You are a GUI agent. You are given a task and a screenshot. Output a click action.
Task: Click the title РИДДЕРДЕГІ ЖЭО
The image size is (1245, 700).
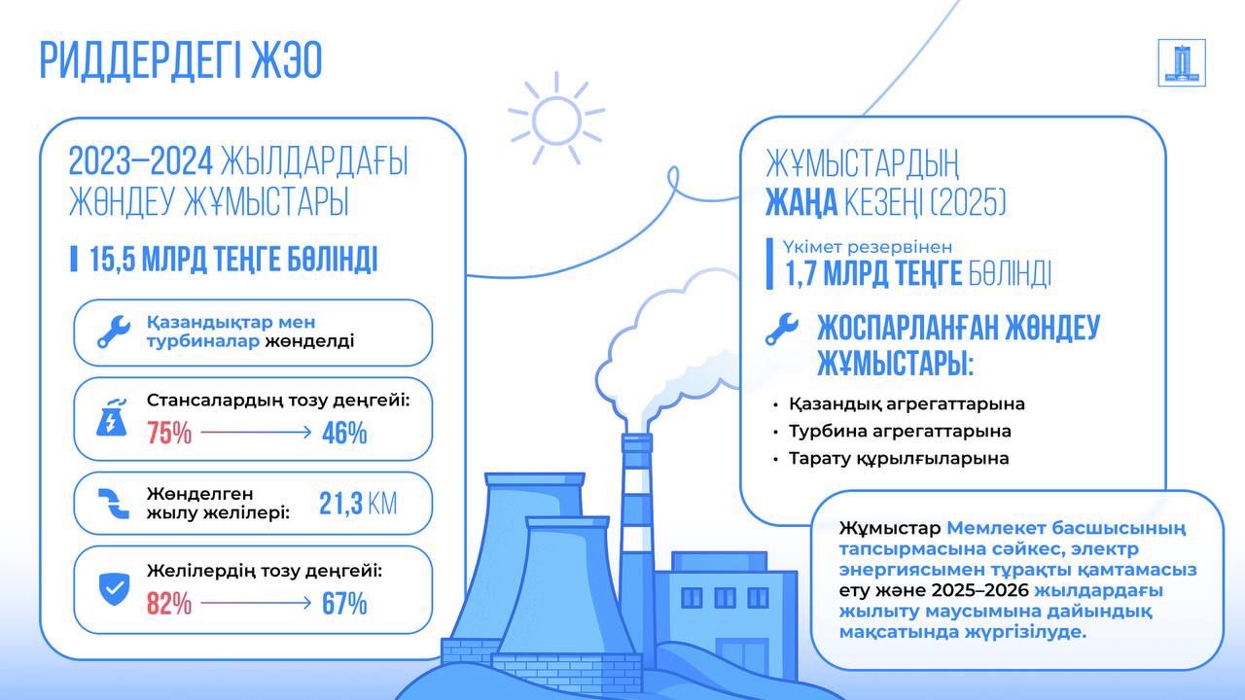coord(181,60)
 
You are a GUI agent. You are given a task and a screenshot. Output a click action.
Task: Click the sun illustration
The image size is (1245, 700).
coord(555,120)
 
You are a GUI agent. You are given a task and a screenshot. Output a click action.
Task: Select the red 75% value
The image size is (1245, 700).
coord(169,433)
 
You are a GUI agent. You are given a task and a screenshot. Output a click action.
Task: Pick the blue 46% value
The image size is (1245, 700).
coord(344,433)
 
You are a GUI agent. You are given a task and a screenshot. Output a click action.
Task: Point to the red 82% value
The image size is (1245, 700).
coord(169,604)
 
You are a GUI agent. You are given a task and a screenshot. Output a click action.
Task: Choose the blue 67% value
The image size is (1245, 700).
coord(344,604)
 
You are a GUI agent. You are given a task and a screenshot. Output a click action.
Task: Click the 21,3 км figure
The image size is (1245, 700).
coord(358,504)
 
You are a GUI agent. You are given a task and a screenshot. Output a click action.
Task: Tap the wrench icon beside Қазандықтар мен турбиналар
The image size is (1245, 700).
coord(114,332)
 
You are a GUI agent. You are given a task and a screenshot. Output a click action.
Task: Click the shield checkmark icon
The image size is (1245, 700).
coord(114,589)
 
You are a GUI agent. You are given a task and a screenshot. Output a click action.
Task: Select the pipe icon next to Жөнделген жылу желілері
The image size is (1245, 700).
coord(114,504)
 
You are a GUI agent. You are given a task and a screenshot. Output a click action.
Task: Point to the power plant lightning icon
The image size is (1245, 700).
coord(112,417)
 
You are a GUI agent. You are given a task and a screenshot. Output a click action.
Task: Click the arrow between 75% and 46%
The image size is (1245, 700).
coord(256,432)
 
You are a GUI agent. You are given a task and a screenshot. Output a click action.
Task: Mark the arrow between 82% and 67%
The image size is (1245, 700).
coord(256,602)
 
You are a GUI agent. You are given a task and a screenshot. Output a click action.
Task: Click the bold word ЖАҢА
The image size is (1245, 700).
coord(801,201)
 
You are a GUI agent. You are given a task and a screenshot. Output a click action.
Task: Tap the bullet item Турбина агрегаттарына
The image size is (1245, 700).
coord(900,431)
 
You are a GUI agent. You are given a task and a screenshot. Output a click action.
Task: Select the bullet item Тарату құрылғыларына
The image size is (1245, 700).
coord(899,459)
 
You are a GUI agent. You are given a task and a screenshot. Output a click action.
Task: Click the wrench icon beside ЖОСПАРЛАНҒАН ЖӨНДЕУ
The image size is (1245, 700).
coord(781,329)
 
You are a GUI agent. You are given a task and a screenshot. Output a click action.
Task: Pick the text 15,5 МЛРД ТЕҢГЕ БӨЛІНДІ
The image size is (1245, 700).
coord(233,259)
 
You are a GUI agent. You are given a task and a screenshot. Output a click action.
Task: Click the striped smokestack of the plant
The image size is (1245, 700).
coord(637,550)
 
